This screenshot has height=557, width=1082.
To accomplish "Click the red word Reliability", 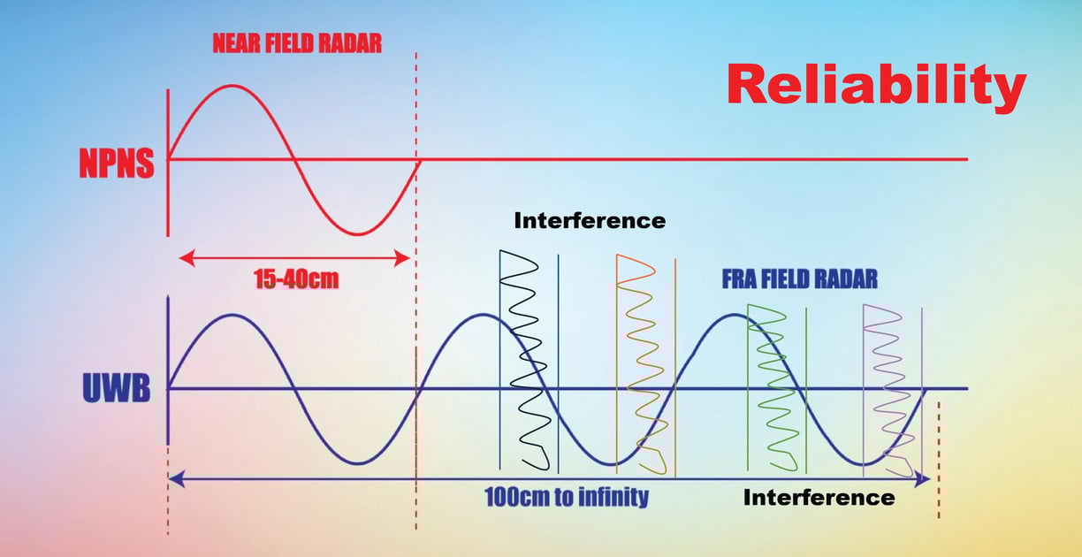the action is click(x=876, y=87).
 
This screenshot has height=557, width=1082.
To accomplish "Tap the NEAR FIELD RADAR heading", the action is click(x=297, y=44).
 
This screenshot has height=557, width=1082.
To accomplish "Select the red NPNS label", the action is click(x=116, y=164).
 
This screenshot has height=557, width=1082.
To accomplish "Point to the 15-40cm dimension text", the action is click(x=295, y=280).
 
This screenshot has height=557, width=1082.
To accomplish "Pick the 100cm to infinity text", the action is click(x=566, y=496).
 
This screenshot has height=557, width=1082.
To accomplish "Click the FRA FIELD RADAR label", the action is click(x=799, y=279).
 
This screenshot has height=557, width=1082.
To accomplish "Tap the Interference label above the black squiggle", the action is click(x=590, y=220).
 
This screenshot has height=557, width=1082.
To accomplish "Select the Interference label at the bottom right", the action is click(x=819, y=497).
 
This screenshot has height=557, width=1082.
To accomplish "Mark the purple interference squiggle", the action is click(x=887, y=380).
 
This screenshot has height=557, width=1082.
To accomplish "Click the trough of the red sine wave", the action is click(x=357, y=234).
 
